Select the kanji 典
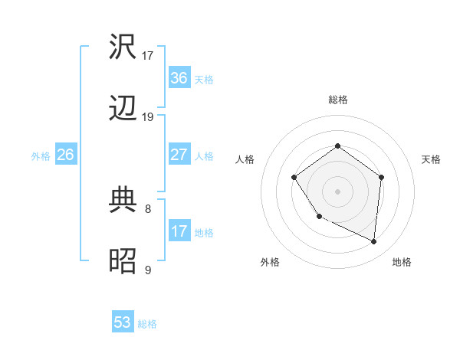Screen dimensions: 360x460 [123, 200]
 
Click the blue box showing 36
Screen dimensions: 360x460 [179, 78]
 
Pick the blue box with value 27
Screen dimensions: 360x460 [179, 155]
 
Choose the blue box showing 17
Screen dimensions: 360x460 [179, 231]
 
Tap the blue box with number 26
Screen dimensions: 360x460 [65, 155]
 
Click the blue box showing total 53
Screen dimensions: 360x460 [123, 322]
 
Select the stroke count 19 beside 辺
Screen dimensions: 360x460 [148, 117]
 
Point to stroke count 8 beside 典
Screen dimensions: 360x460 [148, 208]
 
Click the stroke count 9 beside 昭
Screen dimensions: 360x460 [148, 270]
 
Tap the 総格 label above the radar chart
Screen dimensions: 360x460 [337, 100]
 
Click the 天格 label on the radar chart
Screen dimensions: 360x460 [431, 159]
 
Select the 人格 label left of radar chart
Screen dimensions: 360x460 [245, 159]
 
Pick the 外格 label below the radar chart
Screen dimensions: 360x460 [270, 262]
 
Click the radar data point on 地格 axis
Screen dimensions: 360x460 [373, 241]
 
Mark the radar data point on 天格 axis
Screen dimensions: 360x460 [381, 177]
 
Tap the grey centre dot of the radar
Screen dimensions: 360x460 [337, 191]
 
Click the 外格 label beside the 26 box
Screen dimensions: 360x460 [40, 155]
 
